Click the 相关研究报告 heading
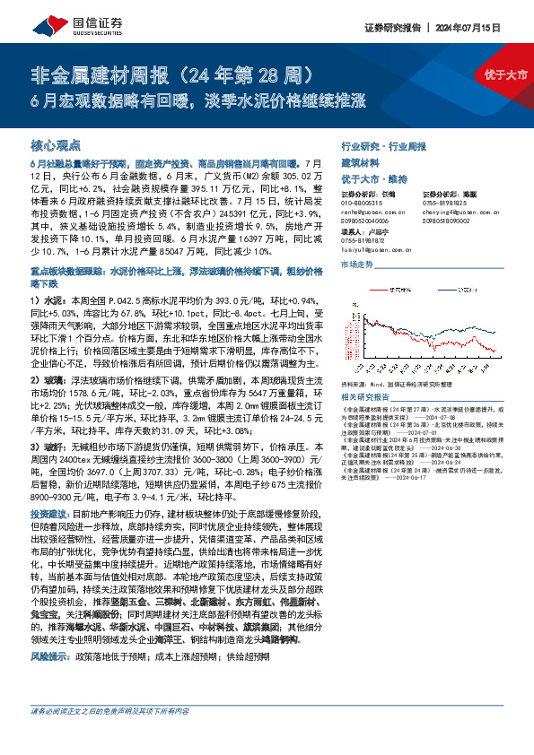coord(369,396)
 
